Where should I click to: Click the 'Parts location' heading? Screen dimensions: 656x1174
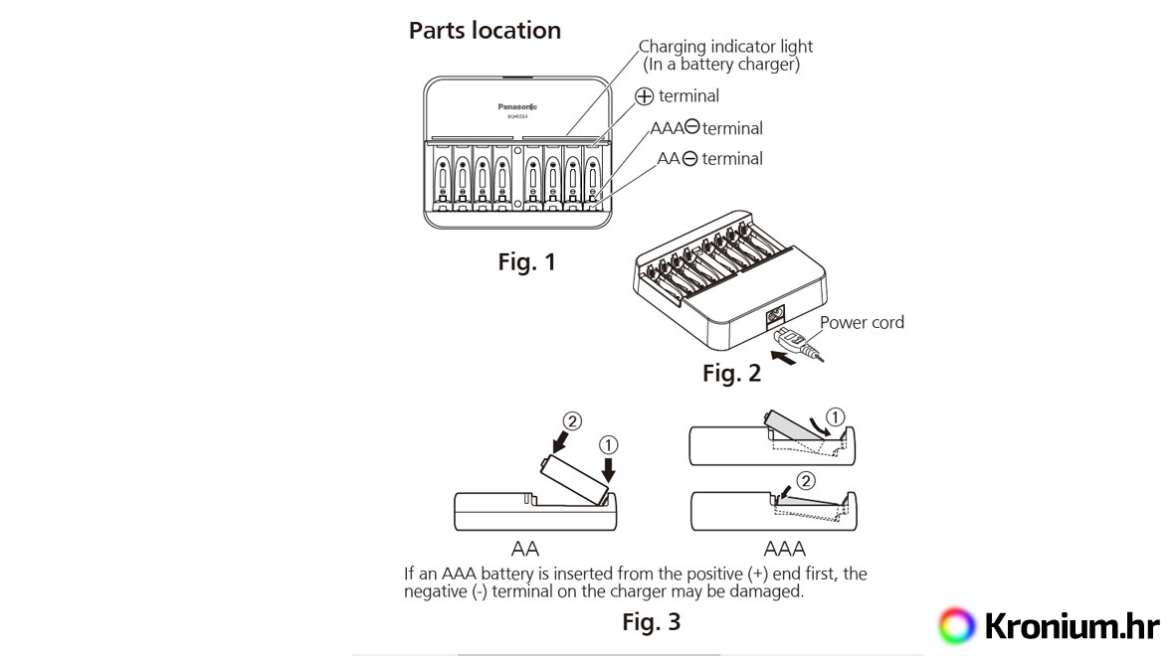[485, 31]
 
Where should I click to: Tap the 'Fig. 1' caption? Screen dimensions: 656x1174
[526, 263]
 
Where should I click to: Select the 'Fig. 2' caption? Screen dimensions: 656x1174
[731, 374]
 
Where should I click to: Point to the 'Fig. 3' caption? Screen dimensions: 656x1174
[651, 623]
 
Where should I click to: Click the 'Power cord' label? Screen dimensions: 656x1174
[862, 323]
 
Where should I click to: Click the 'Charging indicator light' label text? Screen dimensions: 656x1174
[725, 47]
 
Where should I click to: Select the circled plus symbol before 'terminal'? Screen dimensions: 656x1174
[645, 96]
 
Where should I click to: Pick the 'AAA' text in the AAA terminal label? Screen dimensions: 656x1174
[669, 128]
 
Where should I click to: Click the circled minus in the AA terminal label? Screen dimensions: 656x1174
[689, 159]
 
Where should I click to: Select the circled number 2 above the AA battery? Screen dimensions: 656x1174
[571, 422]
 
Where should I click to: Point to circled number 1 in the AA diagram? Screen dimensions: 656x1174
[610, 443]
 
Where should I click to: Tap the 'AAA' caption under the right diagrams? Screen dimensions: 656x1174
[784, 549]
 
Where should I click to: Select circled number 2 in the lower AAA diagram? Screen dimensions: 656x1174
[806, 480]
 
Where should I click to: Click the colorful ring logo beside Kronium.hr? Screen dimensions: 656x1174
[956, 625]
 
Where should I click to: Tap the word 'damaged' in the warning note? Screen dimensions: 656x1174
[768, 591]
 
